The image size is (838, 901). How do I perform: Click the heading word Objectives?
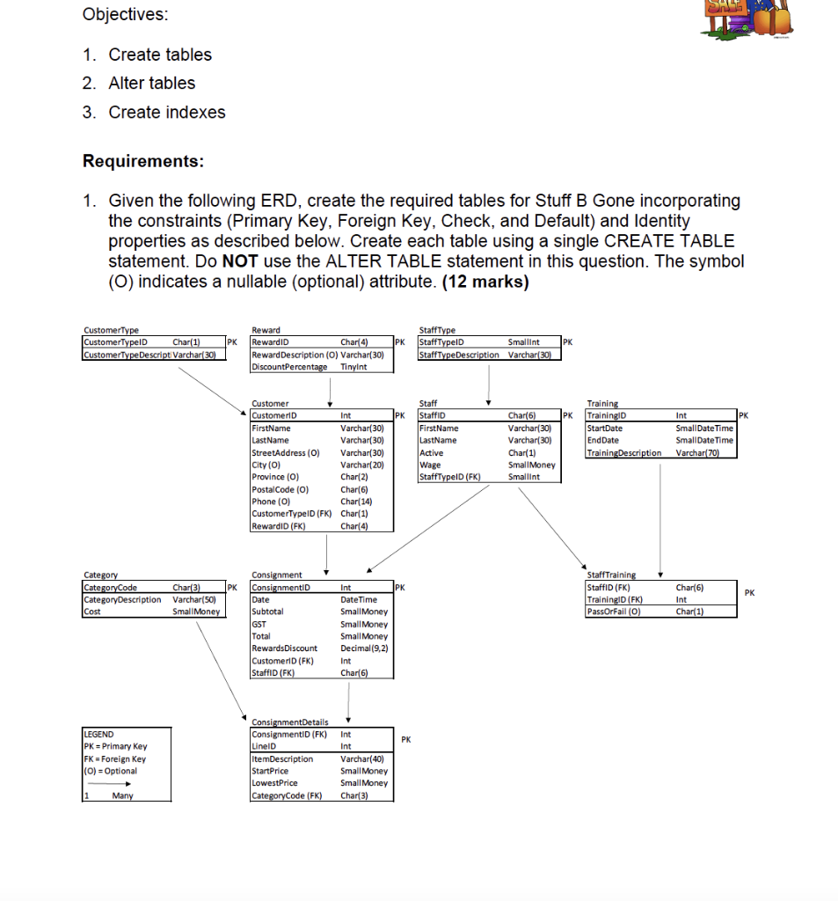[x=126, y=15]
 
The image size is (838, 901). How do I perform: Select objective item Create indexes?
[x=166, y=112]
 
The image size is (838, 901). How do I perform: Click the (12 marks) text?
[x=487, y=282]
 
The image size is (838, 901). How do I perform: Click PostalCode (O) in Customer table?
[x=281, y=489]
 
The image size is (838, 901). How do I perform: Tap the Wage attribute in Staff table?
[x=431, y=465]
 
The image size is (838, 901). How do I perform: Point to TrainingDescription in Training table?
[x=623, y=452]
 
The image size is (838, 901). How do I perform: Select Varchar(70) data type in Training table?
[x=698, y=452]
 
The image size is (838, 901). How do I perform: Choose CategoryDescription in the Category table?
[x=123, y=599]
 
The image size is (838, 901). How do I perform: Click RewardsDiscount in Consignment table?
[x=285, y=648]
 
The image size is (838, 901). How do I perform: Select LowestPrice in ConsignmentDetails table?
[x=275, y=782]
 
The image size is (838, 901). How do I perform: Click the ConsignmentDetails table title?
[x=289, y=722]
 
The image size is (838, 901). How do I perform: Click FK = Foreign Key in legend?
[x=114, y=758]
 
